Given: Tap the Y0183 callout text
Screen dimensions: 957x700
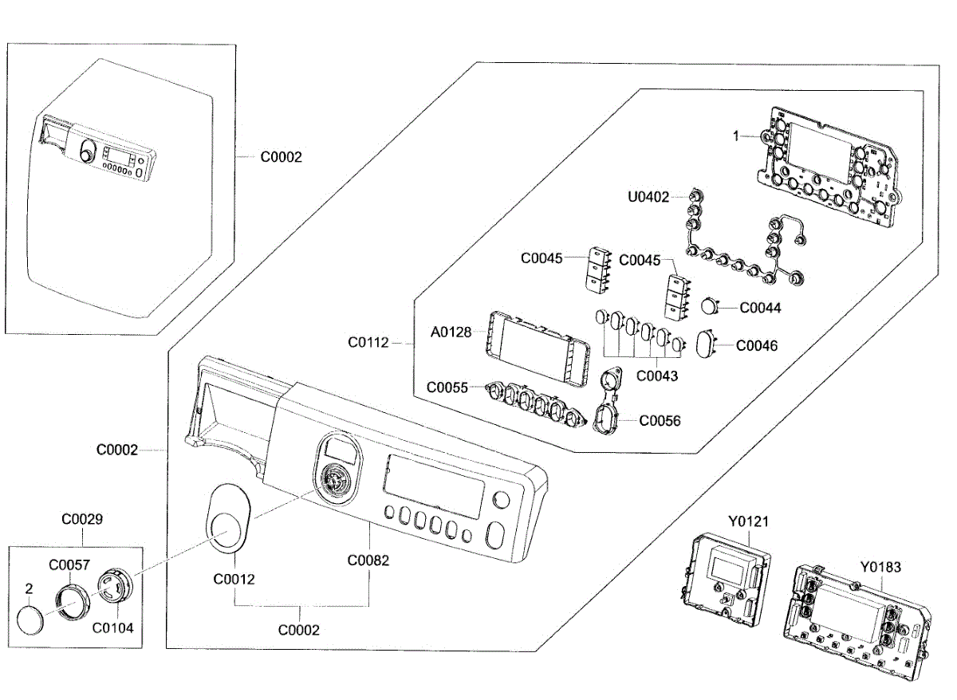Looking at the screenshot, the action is pos(880,567).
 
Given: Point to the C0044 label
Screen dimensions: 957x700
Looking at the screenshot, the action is pos(760,307).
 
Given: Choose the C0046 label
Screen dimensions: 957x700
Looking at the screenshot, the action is pos(756,346).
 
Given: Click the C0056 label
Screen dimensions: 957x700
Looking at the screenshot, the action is pos(660,420).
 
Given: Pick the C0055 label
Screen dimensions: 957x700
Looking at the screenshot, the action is pos(447,387).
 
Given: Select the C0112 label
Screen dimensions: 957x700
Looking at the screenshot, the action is pos(368,343).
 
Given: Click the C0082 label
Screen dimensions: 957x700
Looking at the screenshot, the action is pos(368,560).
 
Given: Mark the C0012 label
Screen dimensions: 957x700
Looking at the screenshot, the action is pos(234,579).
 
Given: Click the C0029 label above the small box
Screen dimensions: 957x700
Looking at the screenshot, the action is pos(82,519).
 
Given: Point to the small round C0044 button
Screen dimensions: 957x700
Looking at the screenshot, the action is pos(710,305).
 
